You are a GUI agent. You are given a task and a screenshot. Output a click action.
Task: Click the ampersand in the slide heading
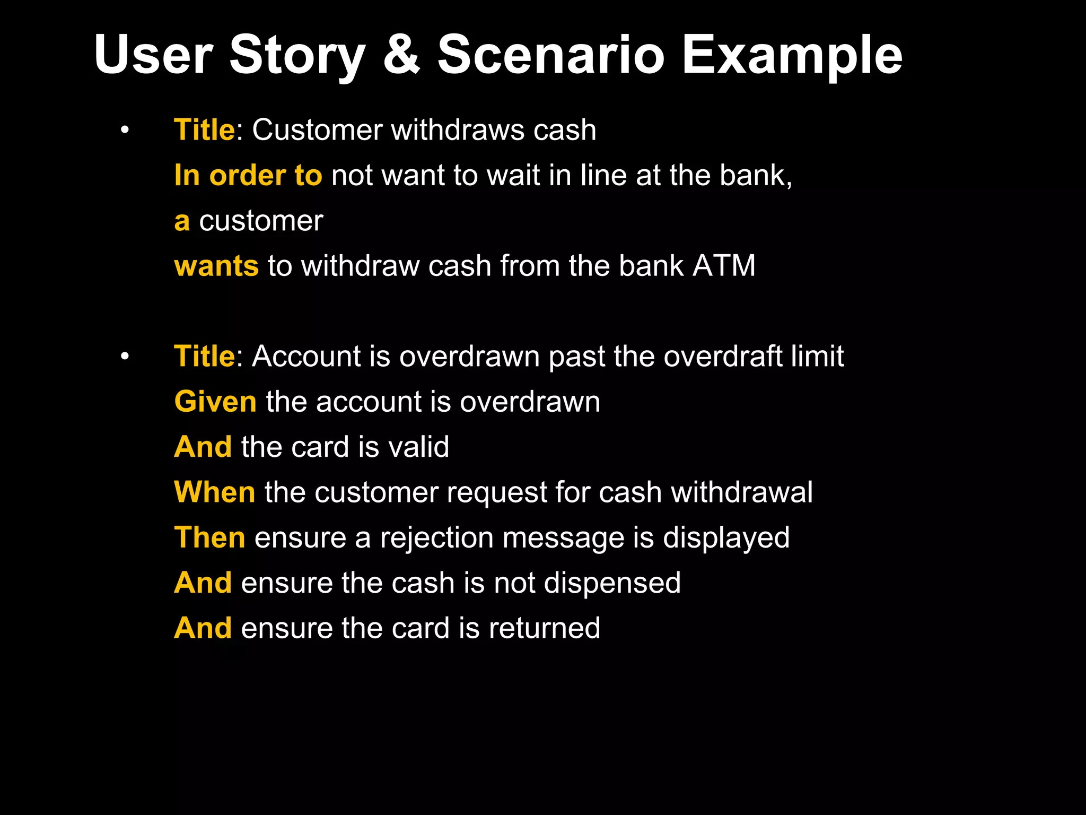click(401, 55)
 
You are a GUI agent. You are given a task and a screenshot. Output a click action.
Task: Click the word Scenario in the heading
click(550, 55)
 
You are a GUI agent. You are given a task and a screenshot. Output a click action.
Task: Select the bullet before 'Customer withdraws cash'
click(125, 130)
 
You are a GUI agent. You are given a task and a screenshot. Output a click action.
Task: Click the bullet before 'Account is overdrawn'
click(125, 356)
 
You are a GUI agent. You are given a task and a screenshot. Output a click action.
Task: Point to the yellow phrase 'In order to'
click(248, 176)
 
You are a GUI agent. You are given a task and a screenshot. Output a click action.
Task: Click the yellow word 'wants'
click(216, 266)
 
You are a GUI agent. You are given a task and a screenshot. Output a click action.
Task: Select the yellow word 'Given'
click(215, 402)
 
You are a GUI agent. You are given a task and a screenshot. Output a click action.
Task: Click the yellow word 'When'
click(215, 492)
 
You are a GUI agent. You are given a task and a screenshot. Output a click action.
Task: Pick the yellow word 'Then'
click(210, 537)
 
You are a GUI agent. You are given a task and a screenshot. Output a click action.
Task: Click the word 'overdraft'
click(722, 356)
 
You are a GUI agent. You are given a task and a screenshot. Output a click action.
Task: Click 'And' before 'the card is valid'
click(203, 447)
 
